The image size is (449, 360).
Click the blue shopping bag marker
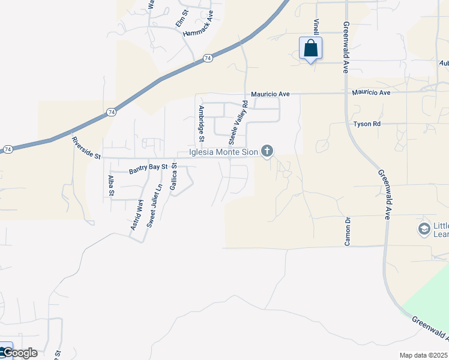click(310, 49)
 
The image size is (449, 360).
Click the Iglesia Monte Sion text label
click(223, 152)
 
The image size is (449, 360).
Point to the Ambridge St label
click(202, 124)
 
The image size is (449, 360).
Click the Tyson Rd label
click(367, 124)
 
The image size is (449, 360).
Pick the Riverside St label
click(87, 148)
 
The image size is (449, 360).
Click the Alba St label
click(110, 185)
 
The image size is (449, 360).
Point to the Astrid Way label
click(137, 215)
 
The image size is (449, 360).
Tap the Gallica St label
click(174, 178)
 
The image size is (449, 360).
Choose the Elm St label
click(182, 17)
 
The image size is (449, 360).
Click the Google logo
click(19, 353)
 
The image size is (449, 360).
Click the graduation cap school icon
click(424, 229)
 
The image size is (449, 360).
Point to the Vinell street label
click(316, 27)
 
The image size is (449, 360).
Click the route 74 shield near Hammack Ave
click(207, 58)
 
